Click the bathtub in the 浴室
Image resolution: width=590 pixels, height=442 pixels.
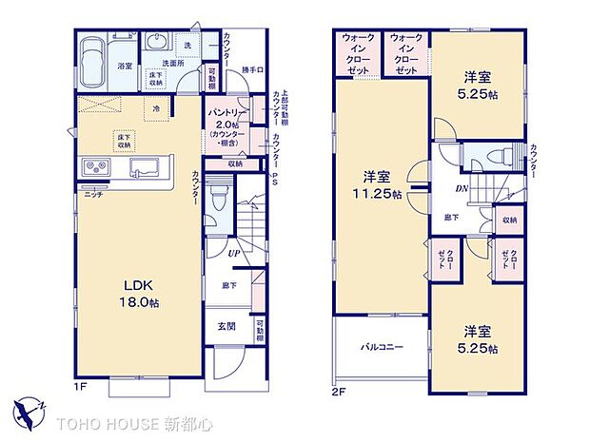click(93, 59)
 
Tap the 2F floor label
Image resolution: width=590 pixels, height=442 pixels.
click(339, 391)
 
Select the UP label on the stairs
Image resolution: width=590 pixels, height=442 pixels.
click(233, 253)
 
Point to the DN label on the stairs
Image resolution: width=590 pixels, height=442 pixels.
click(461, 188)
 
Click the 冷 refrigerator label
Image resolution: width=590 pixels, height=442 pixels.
click(157, 108)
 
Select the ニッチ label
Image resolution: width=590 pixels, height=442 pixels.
click(93, 194)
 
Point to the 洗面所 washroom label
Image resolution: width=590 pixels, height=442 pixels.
click(171, 64)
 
